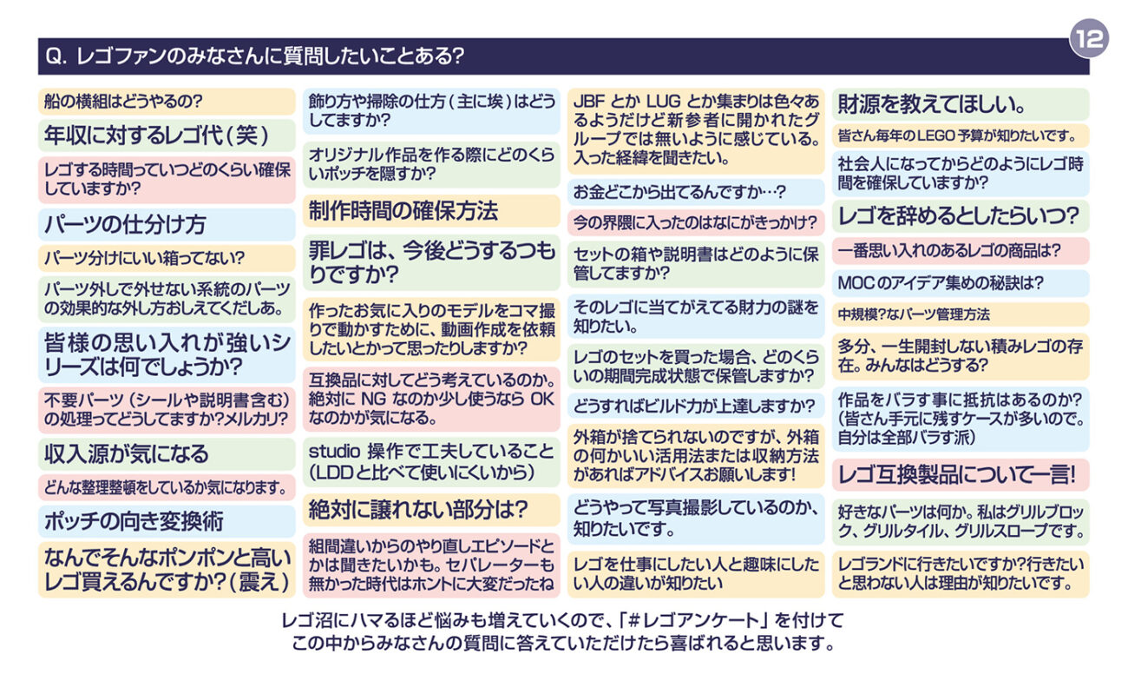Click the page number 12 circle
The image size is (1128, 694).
coord(1088,38)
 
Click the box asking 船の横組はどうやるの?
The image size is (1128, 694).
coord(167,102)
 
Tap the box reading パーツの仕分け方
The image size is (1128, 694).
coord(167,224)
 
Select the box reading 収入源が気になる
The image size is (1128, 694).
coord(167,453)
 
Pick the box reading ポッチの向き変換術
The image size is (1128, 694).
coord(167,520)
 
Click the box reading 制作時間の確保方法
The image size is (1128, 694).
coord(431,210)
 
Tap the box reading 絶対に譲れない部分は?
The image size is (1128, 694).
coord(431,510)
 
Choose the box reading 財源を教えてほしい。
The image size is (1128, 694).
coord(961,105)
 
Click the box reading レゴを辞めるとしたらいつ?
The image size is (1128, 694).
coord(961,215)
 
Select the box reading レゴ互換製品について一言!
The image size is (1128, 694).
coord(961,474)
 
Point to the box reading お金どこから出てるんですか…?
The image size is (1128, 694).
coord(696,192)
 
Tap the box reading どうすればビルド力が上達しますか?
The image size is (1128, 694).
coord(696,406)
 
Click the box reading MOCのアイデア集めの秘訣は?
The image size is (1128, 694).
coord(961,283)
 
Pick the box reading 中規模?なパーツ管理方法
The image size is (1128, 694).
coord(961,314)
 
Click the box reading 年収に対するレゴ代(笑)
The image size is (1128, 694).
coord(167,135)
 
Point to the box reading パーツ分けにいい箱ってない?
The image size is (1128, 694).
coord(167,258)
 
